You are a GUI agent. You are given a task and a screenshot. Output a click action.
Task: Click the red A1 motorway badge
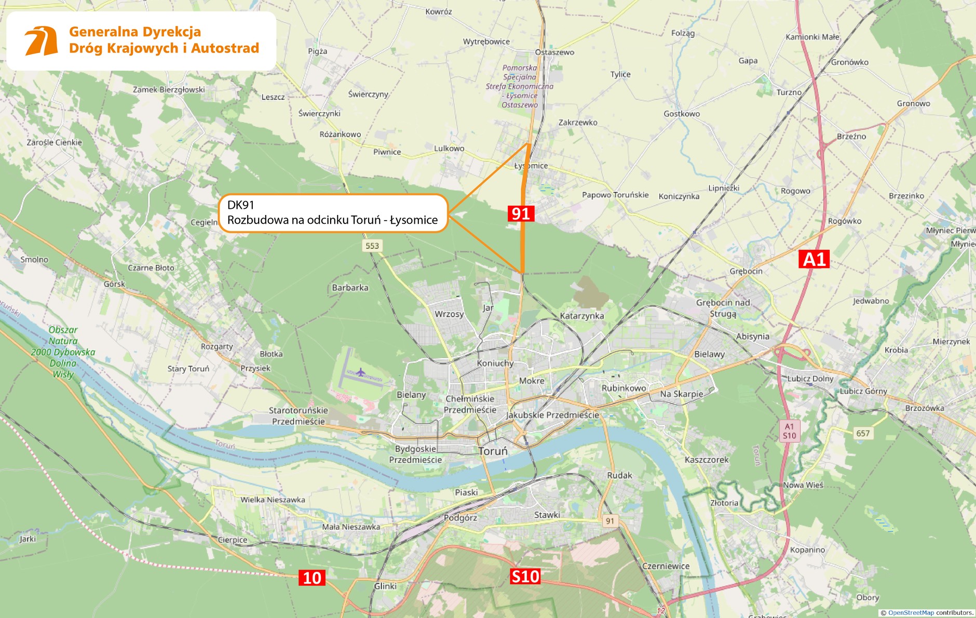814,259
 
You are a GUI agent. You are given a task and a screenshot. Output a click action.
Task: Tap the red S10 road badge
525,576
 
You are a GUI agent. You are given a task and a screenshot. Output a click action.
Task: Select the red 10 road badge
312,578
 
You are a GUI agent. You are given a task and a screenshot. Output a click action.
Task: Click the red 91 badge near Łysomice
521,213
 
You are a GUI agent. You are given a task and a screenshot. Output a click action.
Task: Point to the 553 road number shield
372,246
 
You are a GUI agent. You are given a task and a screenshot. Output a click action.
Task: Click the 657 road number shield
863,433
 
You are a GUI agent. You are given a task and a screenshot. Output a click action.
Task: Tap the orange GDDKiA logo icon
41,41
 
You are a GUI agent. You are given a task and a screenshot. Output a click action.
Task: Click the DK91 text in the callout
241,205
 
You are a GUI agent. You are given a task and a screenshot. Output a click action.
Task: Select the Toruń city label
493,451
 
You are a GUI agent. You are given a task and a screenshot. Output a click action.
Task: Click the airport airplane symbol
361,372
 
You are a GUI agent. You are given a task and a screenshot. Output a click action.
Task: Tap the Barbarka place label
350,288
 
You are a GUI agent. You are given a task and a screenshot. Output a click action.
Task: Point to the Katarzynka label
582,316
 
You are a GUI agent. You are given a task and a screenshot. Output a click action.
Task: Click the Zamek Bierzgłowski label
169,90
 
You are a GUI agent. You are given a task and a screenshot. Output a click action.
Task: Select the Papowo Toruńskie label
615,195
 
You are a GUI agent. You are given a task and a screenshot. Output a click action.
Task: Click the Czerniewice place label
666,566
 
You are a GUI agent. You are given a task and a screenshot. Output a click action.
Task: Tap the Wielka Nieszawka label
273,500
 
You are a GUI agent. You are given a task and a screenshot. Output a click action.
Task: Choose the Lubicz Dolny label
810,379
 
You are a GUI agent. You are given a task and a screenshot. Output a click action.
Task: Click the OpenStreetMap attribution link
911,613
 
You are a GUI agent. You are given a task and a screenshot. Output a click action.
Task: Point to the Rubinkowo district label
623,388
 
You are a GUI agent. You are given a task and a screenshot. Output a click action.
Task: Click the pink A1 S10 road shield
789,431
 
